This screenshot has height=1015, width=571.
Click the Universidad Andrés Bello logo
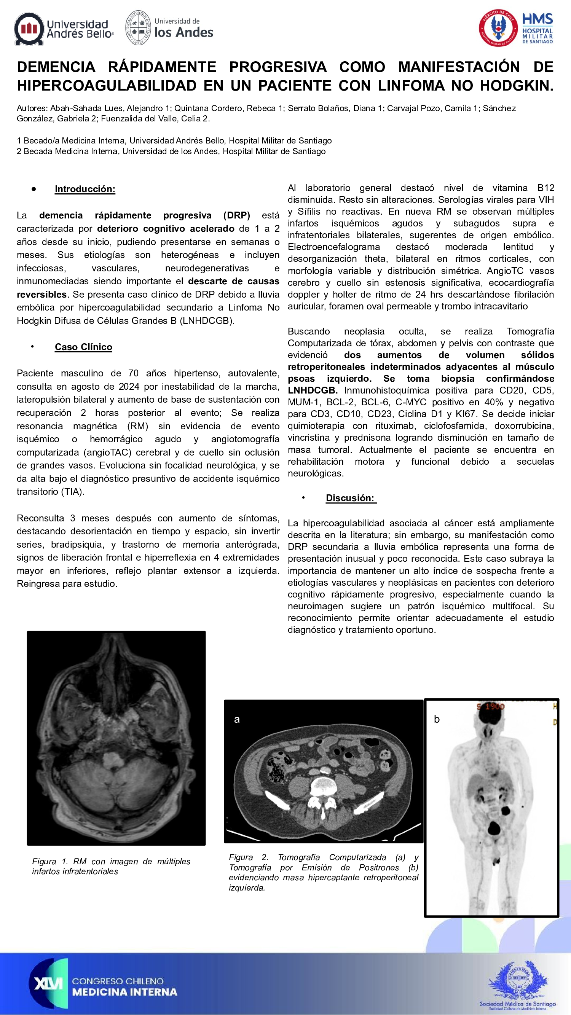click(x=64, y=29)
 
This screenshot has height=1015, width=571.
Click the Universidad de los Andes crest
click(x=138, y=28)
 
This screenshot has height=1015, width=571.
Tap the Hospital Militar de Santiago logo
click(x=516, y=28)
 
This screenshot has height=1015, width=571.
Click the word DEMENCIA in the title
click(x=56, y=67)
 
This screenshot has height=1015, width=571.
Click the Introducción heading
click(x=85, y=189)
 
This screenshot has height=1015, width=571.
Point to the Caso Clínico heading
click(x=83, y=347)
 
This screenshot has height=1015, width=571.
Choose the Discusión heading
click(x=350, y=498)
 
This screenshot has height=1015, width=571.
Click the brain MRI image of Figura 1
click(x=116, y=738)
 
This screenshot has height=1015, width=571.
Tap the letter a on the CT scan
click(x=237, y=719)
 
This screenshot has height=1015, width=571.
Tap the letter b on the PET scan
click(x=437, y=719)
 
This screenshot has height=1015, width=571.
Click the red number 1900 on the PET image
click(x=494, y=706)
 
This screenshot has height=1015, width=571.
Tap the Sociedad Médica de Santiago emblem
click(x=517, y=985)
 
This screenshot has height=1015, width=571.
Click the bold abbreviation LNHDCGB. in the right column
click(x=313, y=390)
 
